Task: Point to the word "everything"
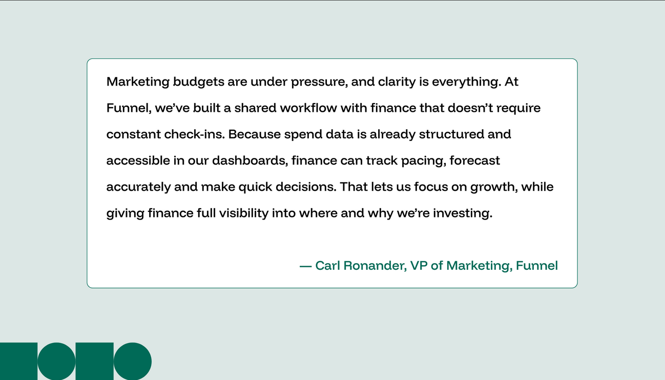tap(466, 82)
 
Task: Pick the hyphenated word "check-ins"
tap(194, 134)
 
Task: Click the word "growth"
tap(496, 187)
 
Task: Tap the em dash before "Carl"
tap(305, 266)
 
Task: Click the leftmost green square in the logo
tap(18, 361)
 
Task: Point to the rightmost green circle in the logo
tap(132, 361)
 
